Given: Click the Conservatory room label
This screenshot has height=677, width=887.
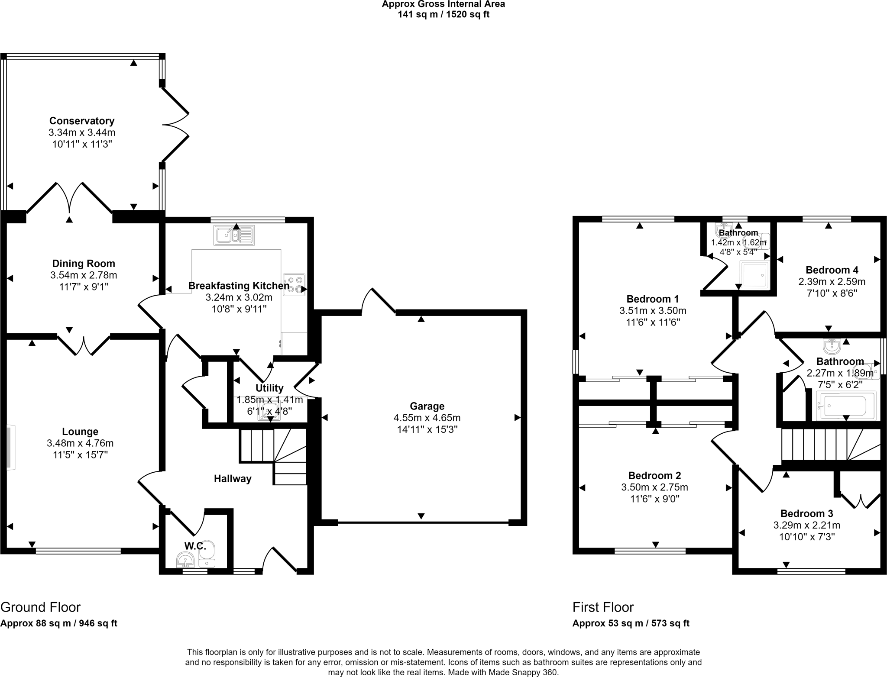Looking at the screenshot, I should click(x=81, y=121).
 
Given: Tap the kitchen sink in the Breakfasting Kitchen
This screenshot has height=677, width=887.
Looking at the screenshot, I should click(x=234, y=235).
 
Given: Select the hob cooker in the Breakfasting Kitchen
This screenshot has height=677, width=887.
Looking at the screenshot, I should click(x=294, y=285).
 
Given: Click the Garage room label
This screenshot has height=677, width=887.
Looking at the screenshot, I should click(x=427, y=406).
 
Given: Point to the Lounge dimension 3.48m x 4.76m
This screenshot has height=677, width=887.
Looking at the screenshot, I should click(x=80, y=443).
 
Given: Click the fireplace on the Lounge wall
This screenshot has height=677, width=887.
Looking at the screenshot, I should click(x=11, y=447).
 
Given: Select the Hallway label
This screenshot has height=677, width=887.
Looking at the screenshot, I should click(x=233, y=479).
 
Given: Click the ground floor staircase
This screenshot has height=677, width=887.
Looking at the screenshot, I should click(x=273, y=455).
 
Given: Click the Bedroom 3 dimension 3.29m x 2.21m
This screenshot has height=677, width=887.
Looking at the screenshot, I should click(x=806, y=525).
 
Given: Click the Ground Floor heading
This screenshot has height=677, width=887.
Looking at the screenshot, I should click(x=41, y=607).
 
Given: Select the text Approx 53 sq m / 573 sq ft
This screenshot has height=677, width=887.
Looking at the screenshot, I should click(x=631, y=623).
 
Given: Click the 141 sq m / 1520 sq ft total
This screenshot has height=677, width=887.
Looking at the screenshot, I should click(x=443, y=15).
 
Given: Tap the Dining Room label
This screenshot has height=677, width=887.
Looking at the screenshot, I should click(x=84, y=264).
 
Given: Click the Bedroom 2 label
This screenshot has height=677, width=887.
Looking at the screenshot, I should click(x=654, y=476).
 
